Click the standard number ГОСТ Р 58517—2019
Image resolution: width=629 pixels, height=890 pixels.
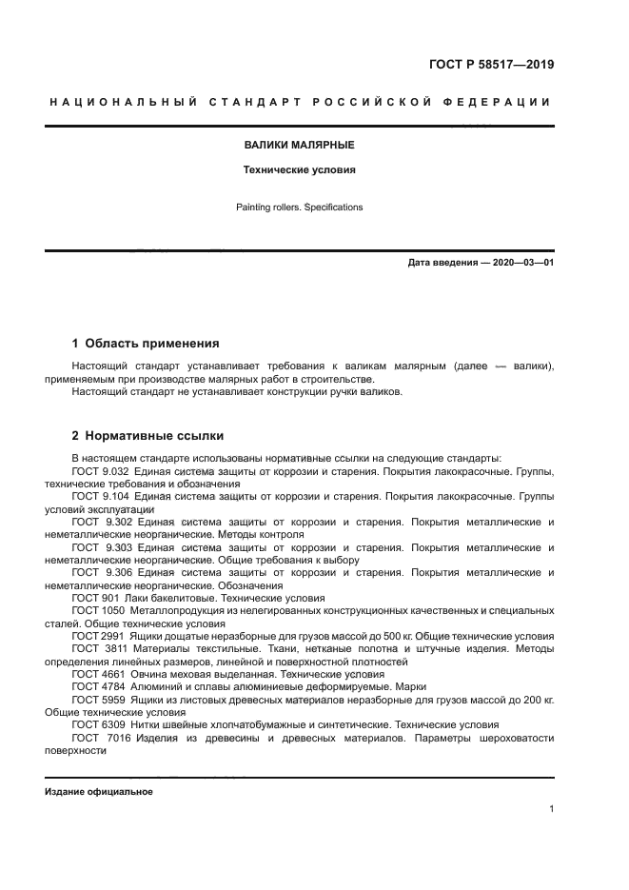click(x=491, y=65)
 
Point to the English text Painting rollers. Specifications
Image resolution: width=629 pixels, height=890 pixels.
click(x=299, y=207)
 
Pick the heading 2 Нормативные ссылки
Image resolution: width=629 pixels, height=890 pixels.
click(x=147, y=437)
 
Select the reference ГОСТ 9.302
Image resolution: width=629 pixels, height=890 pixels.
click(x=97, y=522)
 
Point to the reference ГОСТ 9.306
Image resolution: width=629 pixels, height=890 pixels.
click(x=97, y=571)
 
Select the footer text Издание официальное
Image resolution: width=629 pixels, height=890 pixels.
click(x=99, y=792)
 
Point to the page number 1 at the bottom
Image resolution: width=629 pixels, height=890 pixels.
click(x=551, y=809)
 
